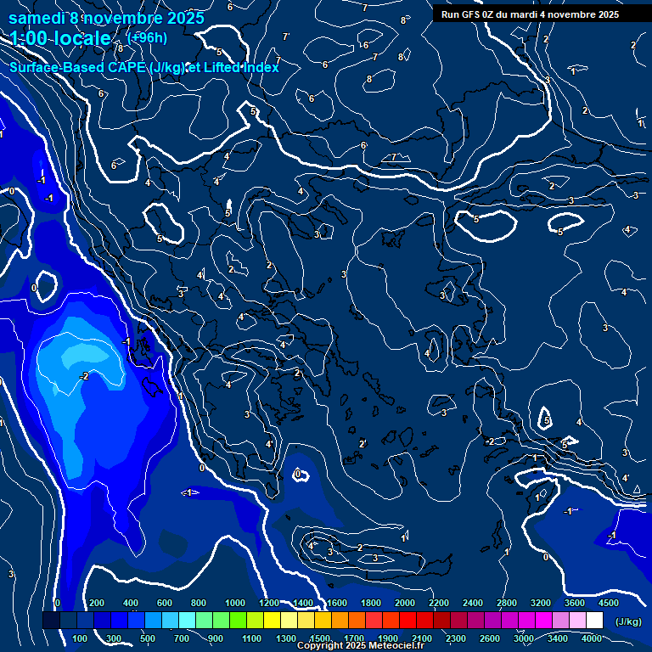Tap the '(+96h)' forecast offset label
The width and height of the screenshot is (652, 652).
146,37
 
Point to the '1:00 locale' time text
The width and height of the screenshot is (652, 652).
60,38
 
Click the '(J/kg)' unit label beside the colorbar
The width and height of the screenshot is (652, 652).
629,622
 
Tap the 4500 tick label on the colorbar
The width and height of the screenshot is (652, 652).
609,603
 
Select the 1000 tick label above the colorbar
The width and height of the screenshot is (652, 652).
235,603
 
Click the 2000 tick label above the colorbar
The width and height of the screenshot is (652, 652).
405,603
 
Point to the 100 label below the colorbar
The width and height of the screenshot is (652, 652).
80,638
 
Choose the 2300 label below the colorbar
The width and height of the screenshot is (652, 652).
455,638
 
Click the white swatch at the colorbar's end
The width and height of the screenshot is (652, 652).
595,621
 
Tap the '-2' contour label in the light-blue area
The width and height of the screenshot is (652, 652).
84,375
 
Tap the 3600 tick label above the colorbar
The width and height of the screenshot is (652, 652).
575,603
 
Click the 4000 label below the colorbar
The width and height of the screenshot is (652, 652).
592,638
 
